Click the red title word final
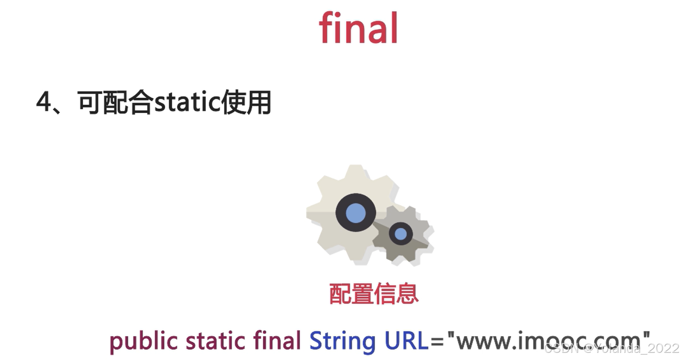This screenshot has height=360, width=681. click(x=358, y=28)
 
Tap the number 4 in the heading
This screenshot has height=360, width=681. click(x=44, y=102)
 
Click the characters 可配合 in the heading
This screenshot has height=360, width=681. click(x=115, y=103)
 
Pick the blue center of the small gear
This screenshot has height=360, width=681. click(x=400, y=234)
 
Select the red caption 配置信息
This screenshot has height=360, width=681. click(x=373, y=294)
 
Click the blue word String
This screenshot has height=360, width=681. click(x=342, y=341)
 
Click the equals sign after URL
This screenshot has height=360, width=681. click(x=436, y=341)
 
